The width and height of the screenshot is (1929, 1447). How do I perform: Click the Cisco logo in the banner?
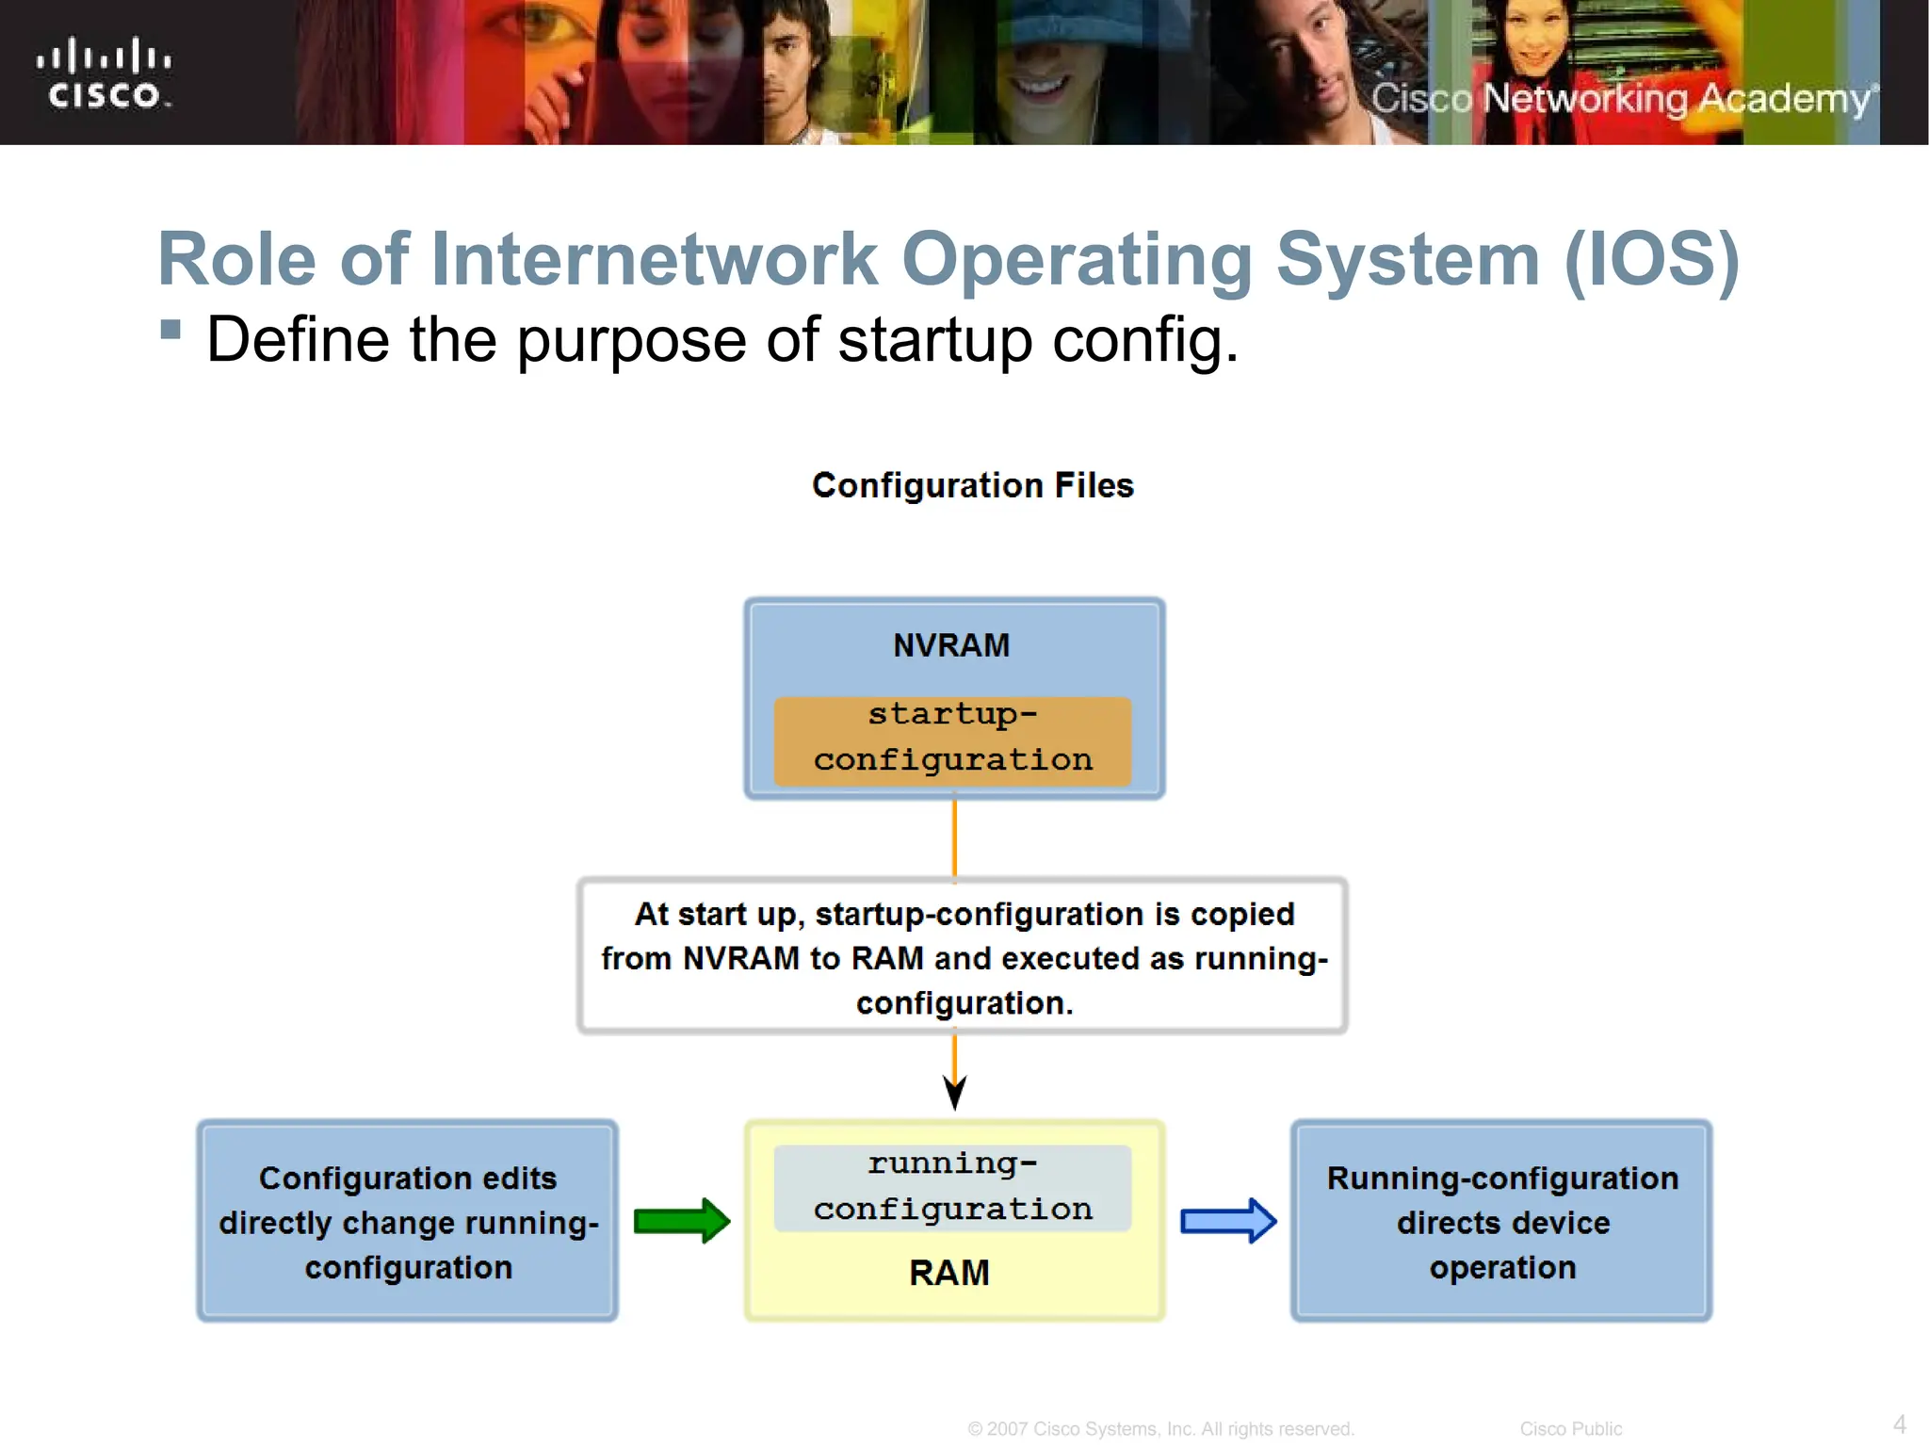(x=104, y=73)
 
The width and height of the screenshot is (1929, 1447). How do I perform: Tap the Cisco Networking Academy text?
(x=1622, y=99)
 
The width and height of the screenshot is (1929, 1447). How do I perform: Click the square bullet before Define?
(x=170, y=329)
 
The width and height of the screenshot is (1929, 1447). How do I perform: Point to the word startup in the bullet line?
(x=934, y=340)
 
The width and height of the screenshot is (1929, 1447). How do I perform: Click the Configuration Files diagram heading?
(x=973, y=485)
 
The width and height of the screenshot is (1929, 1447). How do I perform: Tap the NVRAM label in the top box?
(x=951, y=645)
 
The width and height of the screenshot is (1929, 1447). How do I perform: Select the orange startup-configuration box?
(x=952, y=740)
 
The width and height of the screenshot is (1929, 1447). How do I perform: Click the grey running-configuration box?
(x=952, y=1188)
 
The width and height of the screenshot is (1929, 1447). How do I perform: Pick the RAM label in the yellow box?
(x=949, y=1273)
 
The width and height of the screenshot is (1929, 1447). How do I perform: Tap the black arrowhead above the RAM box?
(x=954, y=1093)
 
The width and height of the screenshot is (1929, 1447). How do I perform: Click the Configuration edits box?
(x=408, y=1222)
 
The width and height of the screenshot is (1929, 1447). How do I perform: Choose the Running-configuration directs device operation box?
(x=1502, y=1222)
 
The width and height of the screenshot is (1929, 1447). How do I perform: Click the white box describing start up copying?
(x=963, y=957)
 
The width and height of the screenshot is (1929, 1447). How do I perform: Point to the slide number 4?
(x=1900, y=1424)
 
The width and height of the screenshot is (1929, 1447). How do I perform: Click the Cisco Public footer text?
(x=1570, y=1429)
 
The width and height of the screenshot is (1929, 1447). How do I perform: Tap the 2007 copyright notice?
(x=1160, y=1429)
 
